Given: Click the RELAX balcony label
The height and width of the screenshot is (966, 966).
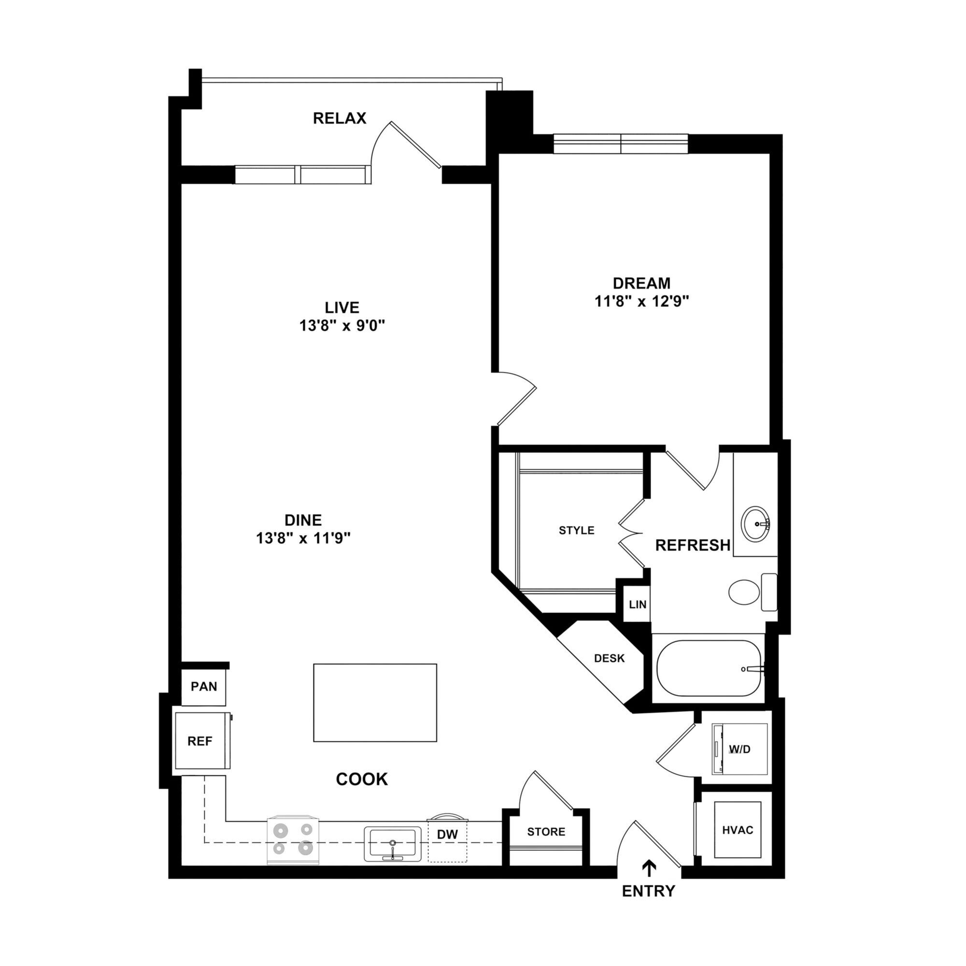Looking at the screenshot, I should tap(340, 118).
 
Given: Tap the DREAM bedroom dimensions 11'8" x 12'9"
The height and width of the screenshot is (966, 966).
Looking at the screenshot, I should tap(641, 301).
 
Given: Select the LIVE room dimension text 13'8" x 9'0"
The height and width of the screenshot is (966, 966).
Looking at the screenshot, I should tap(342, 326).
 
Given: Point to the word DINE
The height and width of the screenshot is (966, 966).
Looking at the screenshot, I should tap(303, 520).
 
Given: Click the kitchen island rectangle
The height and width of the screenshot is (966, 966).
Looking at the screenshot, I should tap(375, 702).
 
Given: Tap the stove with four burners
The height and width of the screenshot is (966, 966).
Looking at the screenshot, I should tap(293, 840).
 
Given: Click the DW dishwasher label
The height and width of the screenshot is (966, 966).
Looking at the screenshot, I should tap(448, 834).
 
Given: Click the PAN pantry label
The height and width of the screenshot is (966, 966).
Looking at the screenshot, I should tap(204, 686).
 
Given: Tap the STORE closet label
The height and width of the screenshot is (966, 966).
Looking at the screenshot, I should tap(546, 832).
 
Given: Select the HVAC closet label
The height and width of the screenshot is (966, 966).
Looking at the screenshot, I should tap(738, 830).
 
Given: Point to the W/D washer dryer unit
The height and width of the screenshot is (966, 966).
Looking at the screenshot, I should tap(739, 749).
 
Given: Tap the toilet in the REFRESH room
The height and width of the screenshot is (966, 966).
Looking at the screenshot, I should tap(745, 592).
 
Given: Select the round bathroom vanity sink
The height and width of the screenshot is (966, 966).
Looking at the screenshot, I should tap(755, 524).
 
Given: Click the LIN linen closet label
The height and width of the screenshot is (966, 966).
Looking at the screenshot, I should tap(638, 605).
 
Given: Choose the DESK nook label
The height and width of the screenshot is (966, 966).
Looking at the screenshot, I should tap(610, 658).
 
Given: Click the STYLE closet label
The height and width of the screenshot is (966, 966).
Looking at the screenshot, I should tap(577, 530).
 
